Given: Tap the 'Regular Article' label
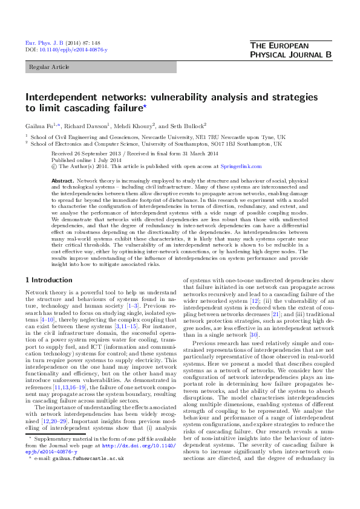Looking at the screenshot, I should [47, 67].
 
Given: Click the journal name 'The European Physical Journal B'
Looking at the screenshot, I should [290, 50].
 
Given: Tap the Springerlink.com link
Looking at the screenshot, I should [241, 166].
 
